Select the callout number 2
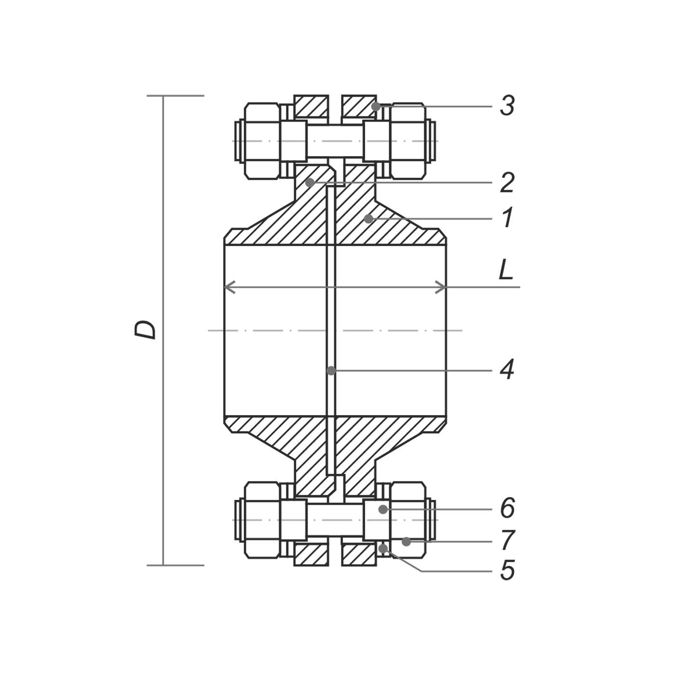tap(507, 183)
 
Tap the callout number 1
tap(508, 217)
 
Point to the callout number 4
tap(507, 370)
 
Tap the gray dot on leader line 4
tap(331, 370)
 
